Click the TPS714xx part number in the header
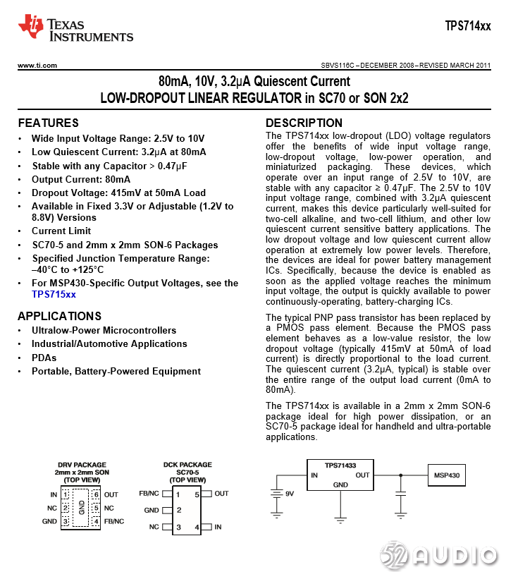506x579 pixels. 468,26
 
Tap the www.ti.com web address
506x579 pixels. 37,66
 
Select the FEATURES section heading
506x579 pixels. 48,123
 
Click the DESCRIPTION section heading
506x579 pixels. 304,123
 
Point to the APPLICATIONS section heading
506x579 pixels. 59,316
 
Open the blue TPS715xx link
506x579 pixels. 54,294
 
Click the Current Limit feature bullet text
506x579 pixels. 61,231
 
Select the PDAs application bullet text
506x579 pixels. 44,358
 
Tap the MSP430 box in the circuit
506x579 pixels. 446,475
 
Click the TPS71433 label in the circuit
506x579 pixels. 340,465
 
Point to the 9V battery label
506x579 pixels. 289,494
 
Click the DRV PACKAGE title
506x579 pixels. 82,465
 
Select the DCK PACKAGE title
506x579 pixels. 188,465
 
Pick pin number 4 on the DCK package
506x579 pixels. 197,527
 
